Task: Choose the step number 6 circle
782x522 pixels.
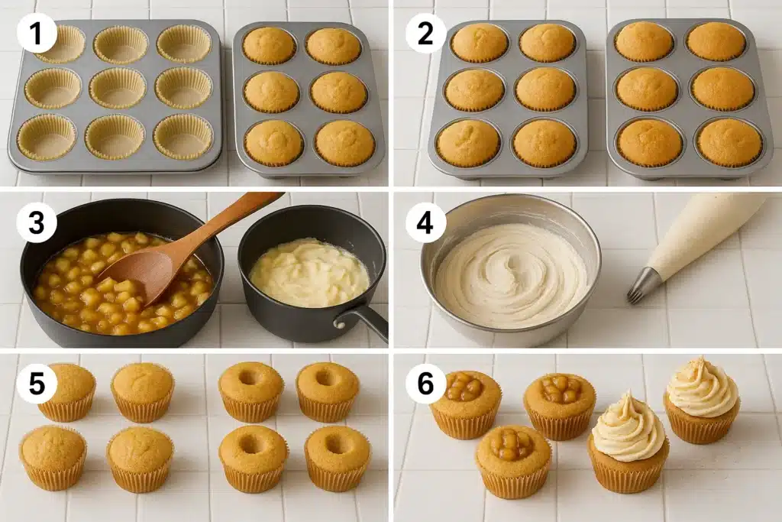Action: tap(425, 382)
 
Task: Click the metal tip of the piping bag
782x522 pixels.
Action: tap(644, 284)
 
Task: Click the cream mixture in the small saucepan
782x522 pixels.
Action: tap(309, 272)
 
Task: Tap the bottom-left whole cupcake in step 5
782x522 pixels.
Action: tap(53, 456)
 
